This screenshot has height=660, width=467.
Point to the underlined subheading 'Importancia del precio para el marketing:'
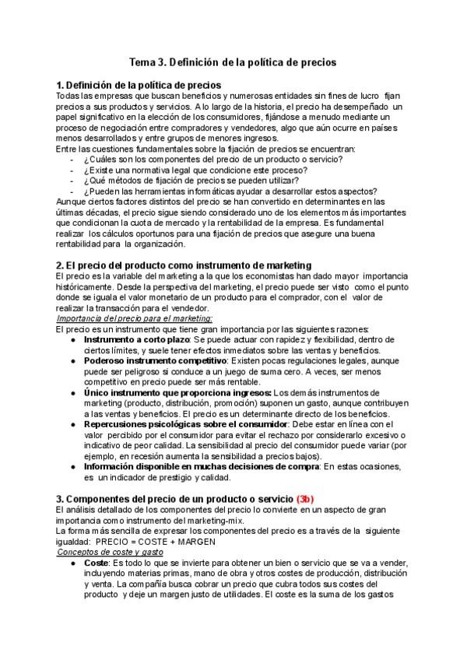(135, 318)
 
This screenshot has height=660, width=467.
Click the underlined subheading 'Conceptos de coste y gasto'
(108, 550)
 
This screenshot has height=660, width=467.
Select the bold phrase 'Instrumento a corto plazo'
(136, 340)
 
